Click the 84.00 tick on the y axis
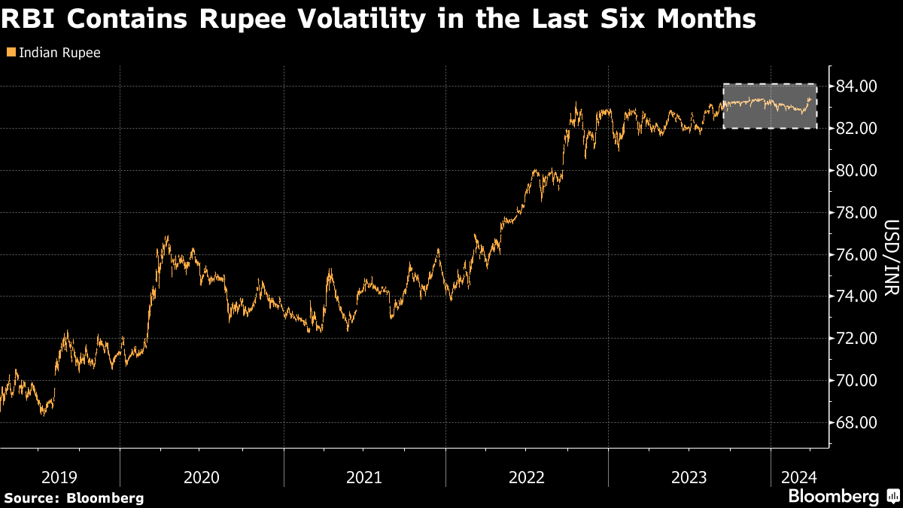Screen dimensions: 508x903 [x=856, y=87]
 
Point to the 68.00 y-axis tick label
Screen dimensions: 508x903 [x=856, y=423]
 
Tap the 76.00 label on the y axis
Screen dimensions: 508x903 [x=856, y=255]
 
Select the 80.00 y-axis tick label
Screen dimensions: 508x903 [x=856, y=171]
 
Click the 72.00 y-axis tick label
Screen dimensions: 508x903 [x=856, y=339]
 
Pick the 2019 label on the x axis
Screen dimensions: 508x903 [x=59, y=476]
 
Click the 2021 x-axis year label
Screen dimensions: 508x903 [x=364, y=476]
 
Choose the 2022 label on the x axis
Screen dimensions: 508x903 [x=527, y=476]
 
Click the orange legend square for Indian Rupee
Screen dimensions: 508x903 [x=10, y=53]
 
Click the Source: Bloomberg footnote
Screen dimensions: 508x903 [x=74, y=497]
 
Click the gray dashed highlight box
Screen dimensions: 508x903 [x=769, y=105]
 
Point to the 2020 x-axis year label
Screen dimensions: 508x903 [x=201, y=476]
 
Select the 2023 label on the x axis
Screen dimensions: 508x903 [x=689, y=476]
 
